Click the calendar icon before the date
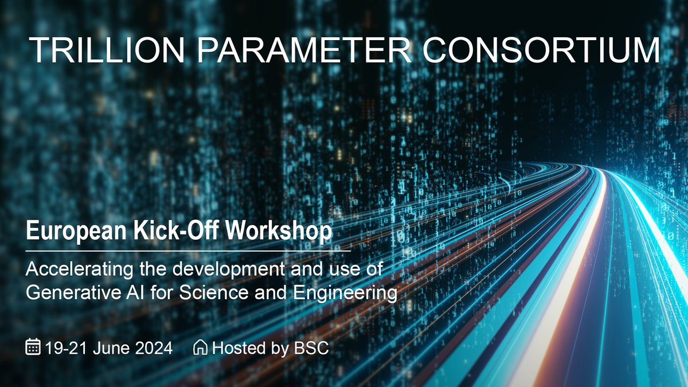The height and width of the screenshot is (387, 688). pyautogui.click(x=33, y=347)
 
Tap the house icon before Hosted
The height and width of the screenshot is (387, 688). pyautogui.click(x=201, y=347)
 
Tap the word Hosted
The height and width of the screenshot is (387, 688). pyautogui.click(x=234, y=347)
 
